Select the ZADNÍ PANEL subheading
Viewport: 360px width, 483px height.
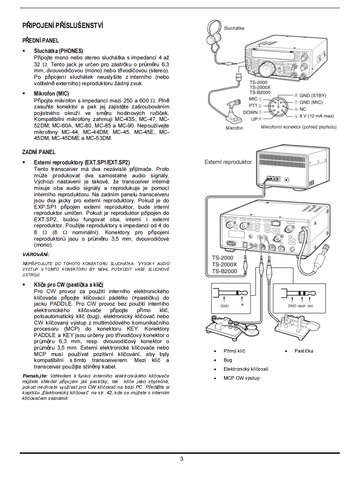tap(39, 152)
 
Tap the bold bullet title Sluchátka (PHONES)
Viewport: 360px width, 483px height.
tap(58, 51)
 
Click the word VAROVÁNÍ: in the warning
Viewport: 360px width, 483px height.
tap(36, 254)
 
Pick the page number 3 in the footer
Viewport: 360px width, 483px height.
tap(182, 458)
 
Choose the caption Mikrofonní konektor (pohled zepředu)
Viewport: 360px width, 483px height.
tap(298, 127)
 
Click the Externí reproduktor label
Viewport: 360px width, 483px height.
tap(228, 162)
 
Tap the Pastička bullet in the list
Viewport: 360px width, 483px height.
tap(304, 351)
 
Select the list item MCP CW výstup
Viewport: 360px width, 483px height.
tap(241, 378)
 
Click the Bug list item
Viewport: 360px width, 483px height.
tap(228, 360)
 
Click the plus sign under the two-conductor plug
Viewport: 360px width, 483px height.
tap(242, 305)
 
